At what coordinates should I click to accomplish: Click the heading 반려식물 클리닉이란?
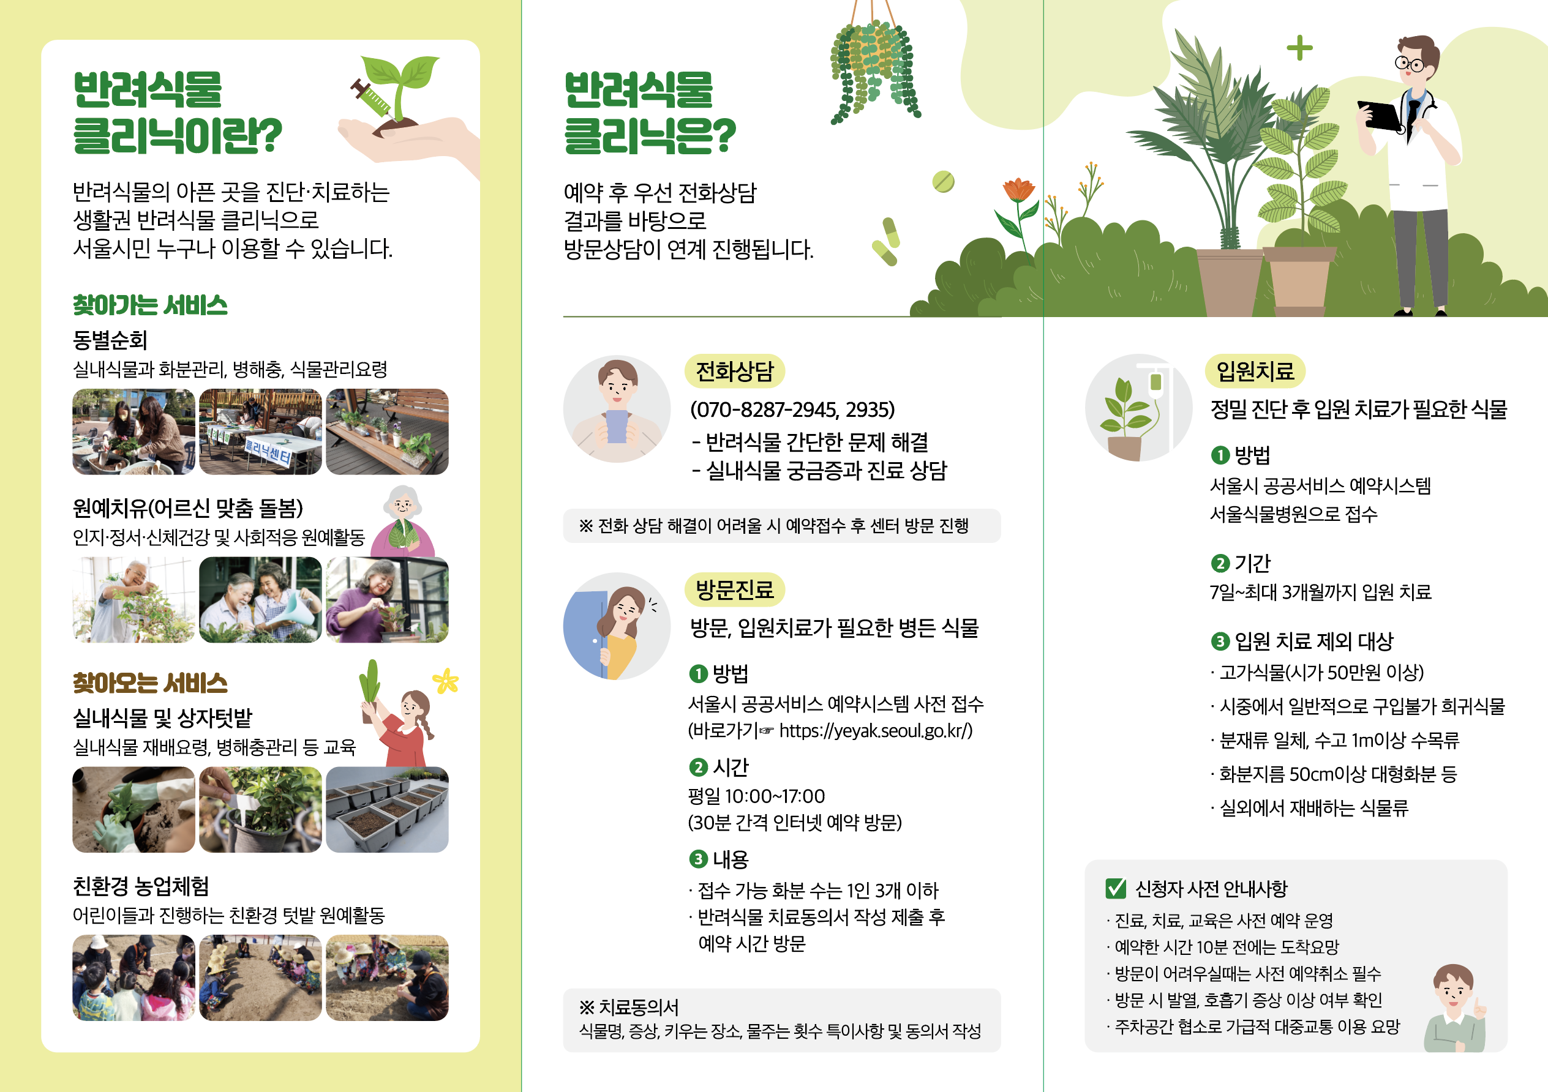pos(178,113)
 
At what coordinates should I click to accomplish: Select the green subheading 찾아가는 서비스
pos(149,305)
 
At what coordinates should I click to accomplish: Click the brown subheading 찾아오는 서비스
pos(149,683)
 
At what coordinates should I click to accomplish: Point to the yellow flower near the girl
pos(446,681)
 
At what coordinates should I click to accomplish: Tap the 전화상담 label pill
pos(734,372)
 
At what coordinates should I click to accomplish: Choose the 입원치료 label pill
pos(1255,371)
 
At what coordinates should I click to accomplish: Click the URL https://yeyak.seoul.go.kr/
pos(875,731)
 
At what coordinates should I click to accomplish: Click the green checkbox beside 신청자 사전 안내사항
pos(1116,888)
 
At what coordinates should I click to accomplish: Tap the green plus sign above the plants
pos(1299,48)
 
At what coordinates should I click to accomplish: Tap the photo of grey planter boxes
pos(387,810)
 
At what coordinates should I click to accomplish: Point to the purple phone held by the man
pos(617,426)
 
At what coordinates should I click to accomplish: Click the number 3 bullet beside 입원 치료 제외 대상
pos(1220,641)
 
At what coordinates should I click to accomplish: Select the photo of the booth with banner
pos(260,432)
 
